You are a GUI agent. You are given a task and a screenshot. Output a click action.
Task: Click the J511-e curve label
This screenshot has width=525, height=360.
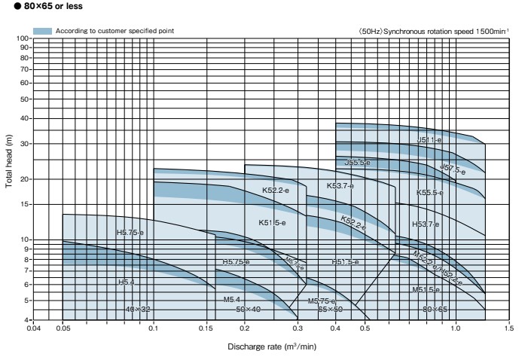point(430,140)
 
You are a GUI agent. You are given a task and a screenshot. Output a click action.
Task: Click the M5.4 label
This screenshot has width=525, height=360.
point(231,300)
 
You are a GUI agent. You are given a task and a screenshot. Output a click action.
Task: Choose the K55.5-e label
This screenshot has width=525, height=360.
point(430,193)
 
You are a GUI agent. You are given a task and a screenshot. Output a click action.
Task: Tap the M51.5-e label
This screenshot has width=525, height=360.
point(426,289)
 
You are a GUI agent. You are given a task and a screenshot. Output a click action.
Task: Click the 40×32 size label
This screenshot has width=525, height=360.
point(138,310)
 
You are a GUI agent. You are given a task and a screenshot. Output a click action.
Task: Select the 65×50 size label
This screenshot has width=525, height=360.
point(330,310)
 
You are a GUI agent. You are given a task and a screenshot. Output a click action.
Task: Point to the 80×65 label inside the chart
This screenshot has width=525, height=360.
point(435,310)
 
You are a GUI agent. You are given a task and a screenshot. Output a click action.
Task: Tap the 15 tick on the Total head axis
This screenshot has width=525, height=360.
point(25,204)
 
